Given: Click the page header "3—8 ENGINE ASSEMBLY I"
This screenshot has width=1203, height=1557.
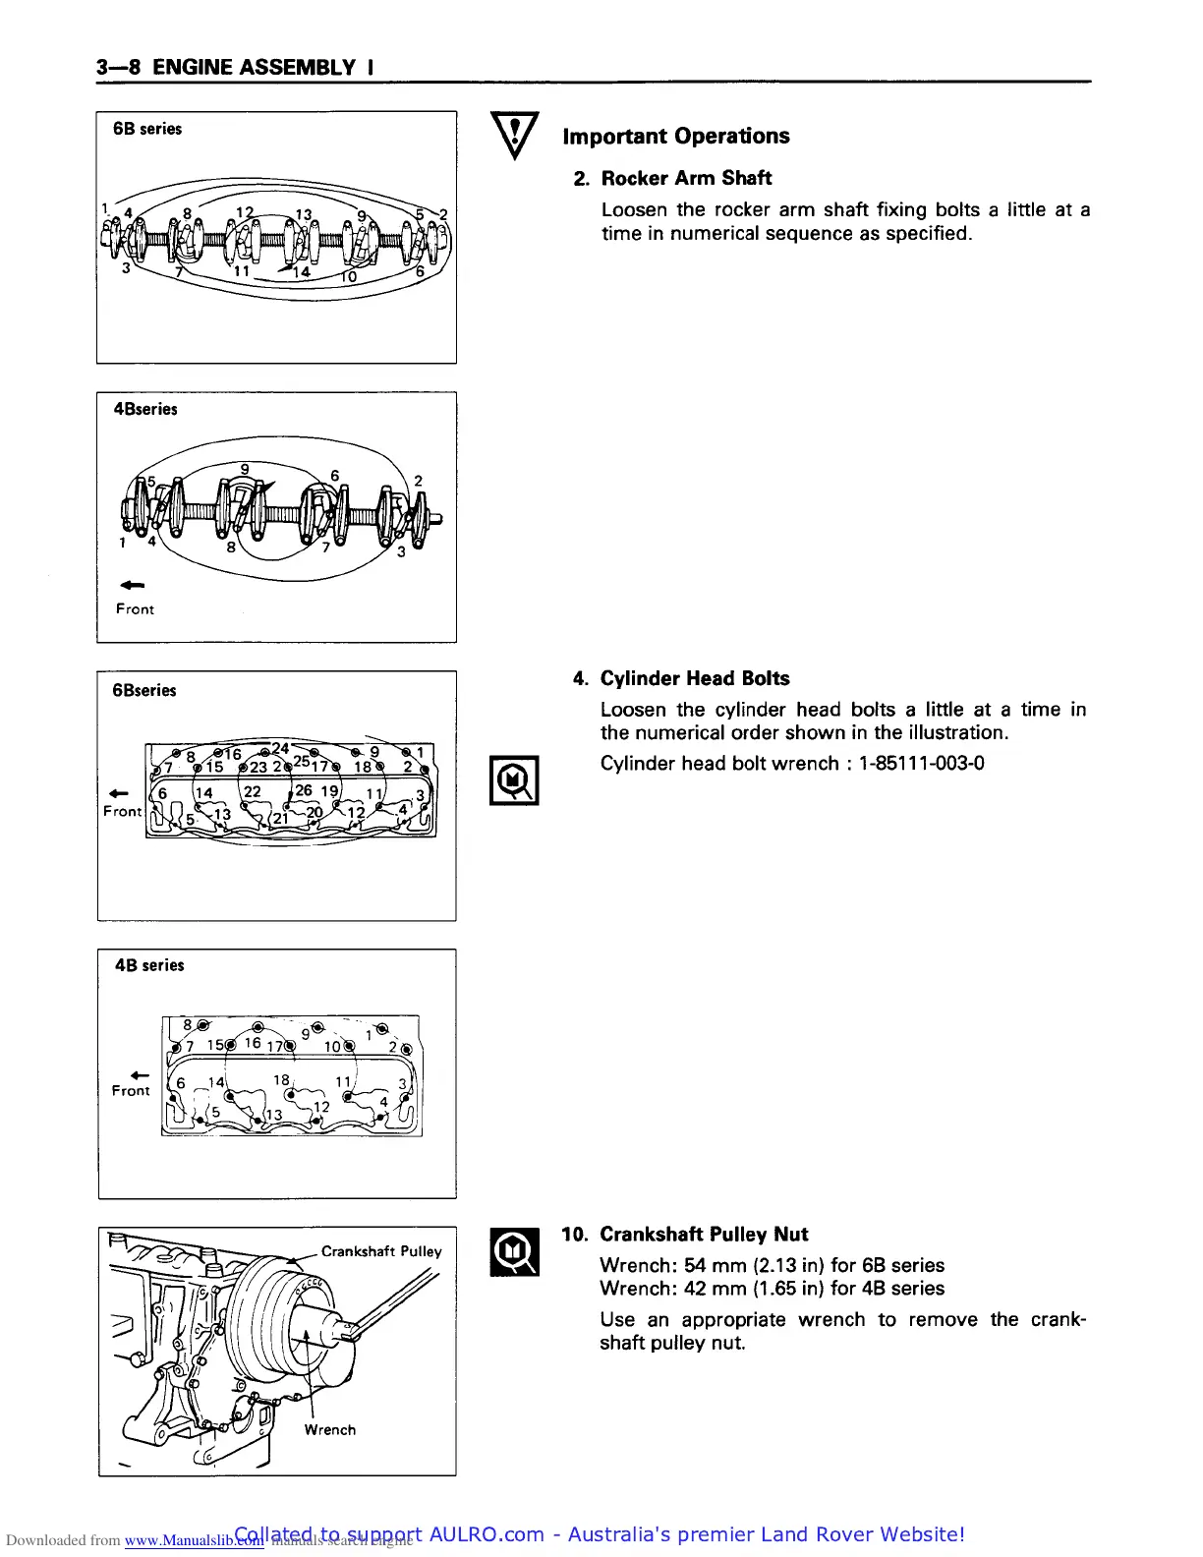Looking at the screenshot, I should (234, 68).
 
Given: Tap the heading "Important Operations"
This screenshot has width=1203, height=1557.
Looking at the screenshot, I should (675, 137).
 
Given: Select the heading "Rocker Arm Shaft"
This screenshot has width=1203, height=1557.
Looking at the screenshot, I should (686, 178).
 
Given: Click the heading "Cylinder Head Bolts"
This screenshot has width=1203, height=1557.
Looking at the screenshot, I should (694, 678).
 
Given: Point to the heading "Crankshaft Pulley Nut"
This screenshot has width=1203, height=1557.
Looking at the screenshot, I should (704, 1235).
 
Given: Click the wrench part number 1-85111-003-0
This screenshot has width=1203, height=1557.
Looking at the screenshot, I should (921, 764).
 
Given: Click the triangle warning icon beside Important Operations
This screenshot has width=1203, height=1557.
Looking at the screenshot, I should (514, 136).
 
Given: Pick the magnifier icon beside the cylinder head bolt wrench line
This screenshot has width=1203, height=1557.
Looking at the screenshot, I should (514, 780).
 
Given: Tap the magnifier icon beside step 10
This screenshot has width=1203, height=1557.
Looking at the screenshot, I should (514, 1252).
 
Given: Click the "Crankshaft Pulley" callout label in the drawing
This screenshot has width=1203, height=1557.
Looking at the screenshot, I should (381, 1251).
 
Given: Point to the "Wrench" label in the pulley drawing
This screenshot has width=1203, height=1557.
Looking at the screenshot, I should (329, 1430).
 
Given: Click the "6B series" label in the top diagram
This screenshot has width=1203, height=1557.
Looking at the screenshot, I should (147, 129).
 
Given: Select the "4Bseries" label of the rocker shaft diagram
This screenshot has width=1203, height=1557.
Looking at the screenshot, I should (145, 409).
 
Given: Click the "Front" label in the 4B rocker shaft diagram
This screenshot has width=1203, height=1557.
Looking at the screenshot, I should (135, 609).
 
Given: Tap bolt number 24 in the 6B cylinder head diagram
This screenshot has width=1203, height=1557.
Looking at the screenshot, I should (280, 749).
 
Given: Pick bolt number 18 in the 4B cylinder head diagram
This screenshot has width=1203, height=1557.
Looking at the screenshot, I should (281, 1079).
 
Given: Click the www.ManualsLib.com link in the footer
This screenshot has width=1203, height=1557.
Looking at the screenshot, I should (195, 1540).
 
